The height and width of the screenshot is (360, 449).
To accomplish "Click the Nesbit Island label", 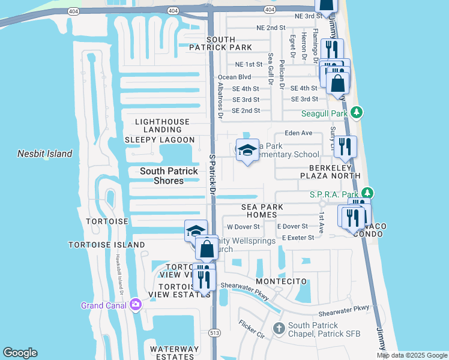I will click(x=44, y=154).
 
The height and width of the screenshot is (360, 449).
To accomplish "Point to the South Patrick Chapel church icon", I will click(x=279, y=328).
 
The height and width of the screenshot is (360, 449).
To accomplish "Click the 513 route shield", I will click(x=214, y=332).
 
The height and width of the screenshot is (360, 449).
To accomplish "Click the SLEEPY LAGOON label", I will click(x=158, y=139).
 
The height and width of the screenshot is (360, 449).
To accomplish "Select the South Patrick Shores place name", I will click(x=169, y=176).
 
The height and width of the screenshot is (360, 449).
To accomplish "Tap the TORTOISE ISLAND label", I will click(x=106, y=245).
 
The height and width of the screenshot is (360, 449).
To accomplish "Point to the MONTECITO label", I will click(x=282, y=281).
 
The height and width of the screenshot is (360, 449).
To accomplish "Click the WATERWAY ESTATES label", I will click(x=174, y=353).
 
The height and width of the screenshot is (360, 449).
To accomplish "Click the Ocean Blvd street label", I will click(x=234, y=77).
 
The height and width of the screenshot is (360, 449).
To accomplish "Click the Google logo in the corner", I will click(x=20, y=353).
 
